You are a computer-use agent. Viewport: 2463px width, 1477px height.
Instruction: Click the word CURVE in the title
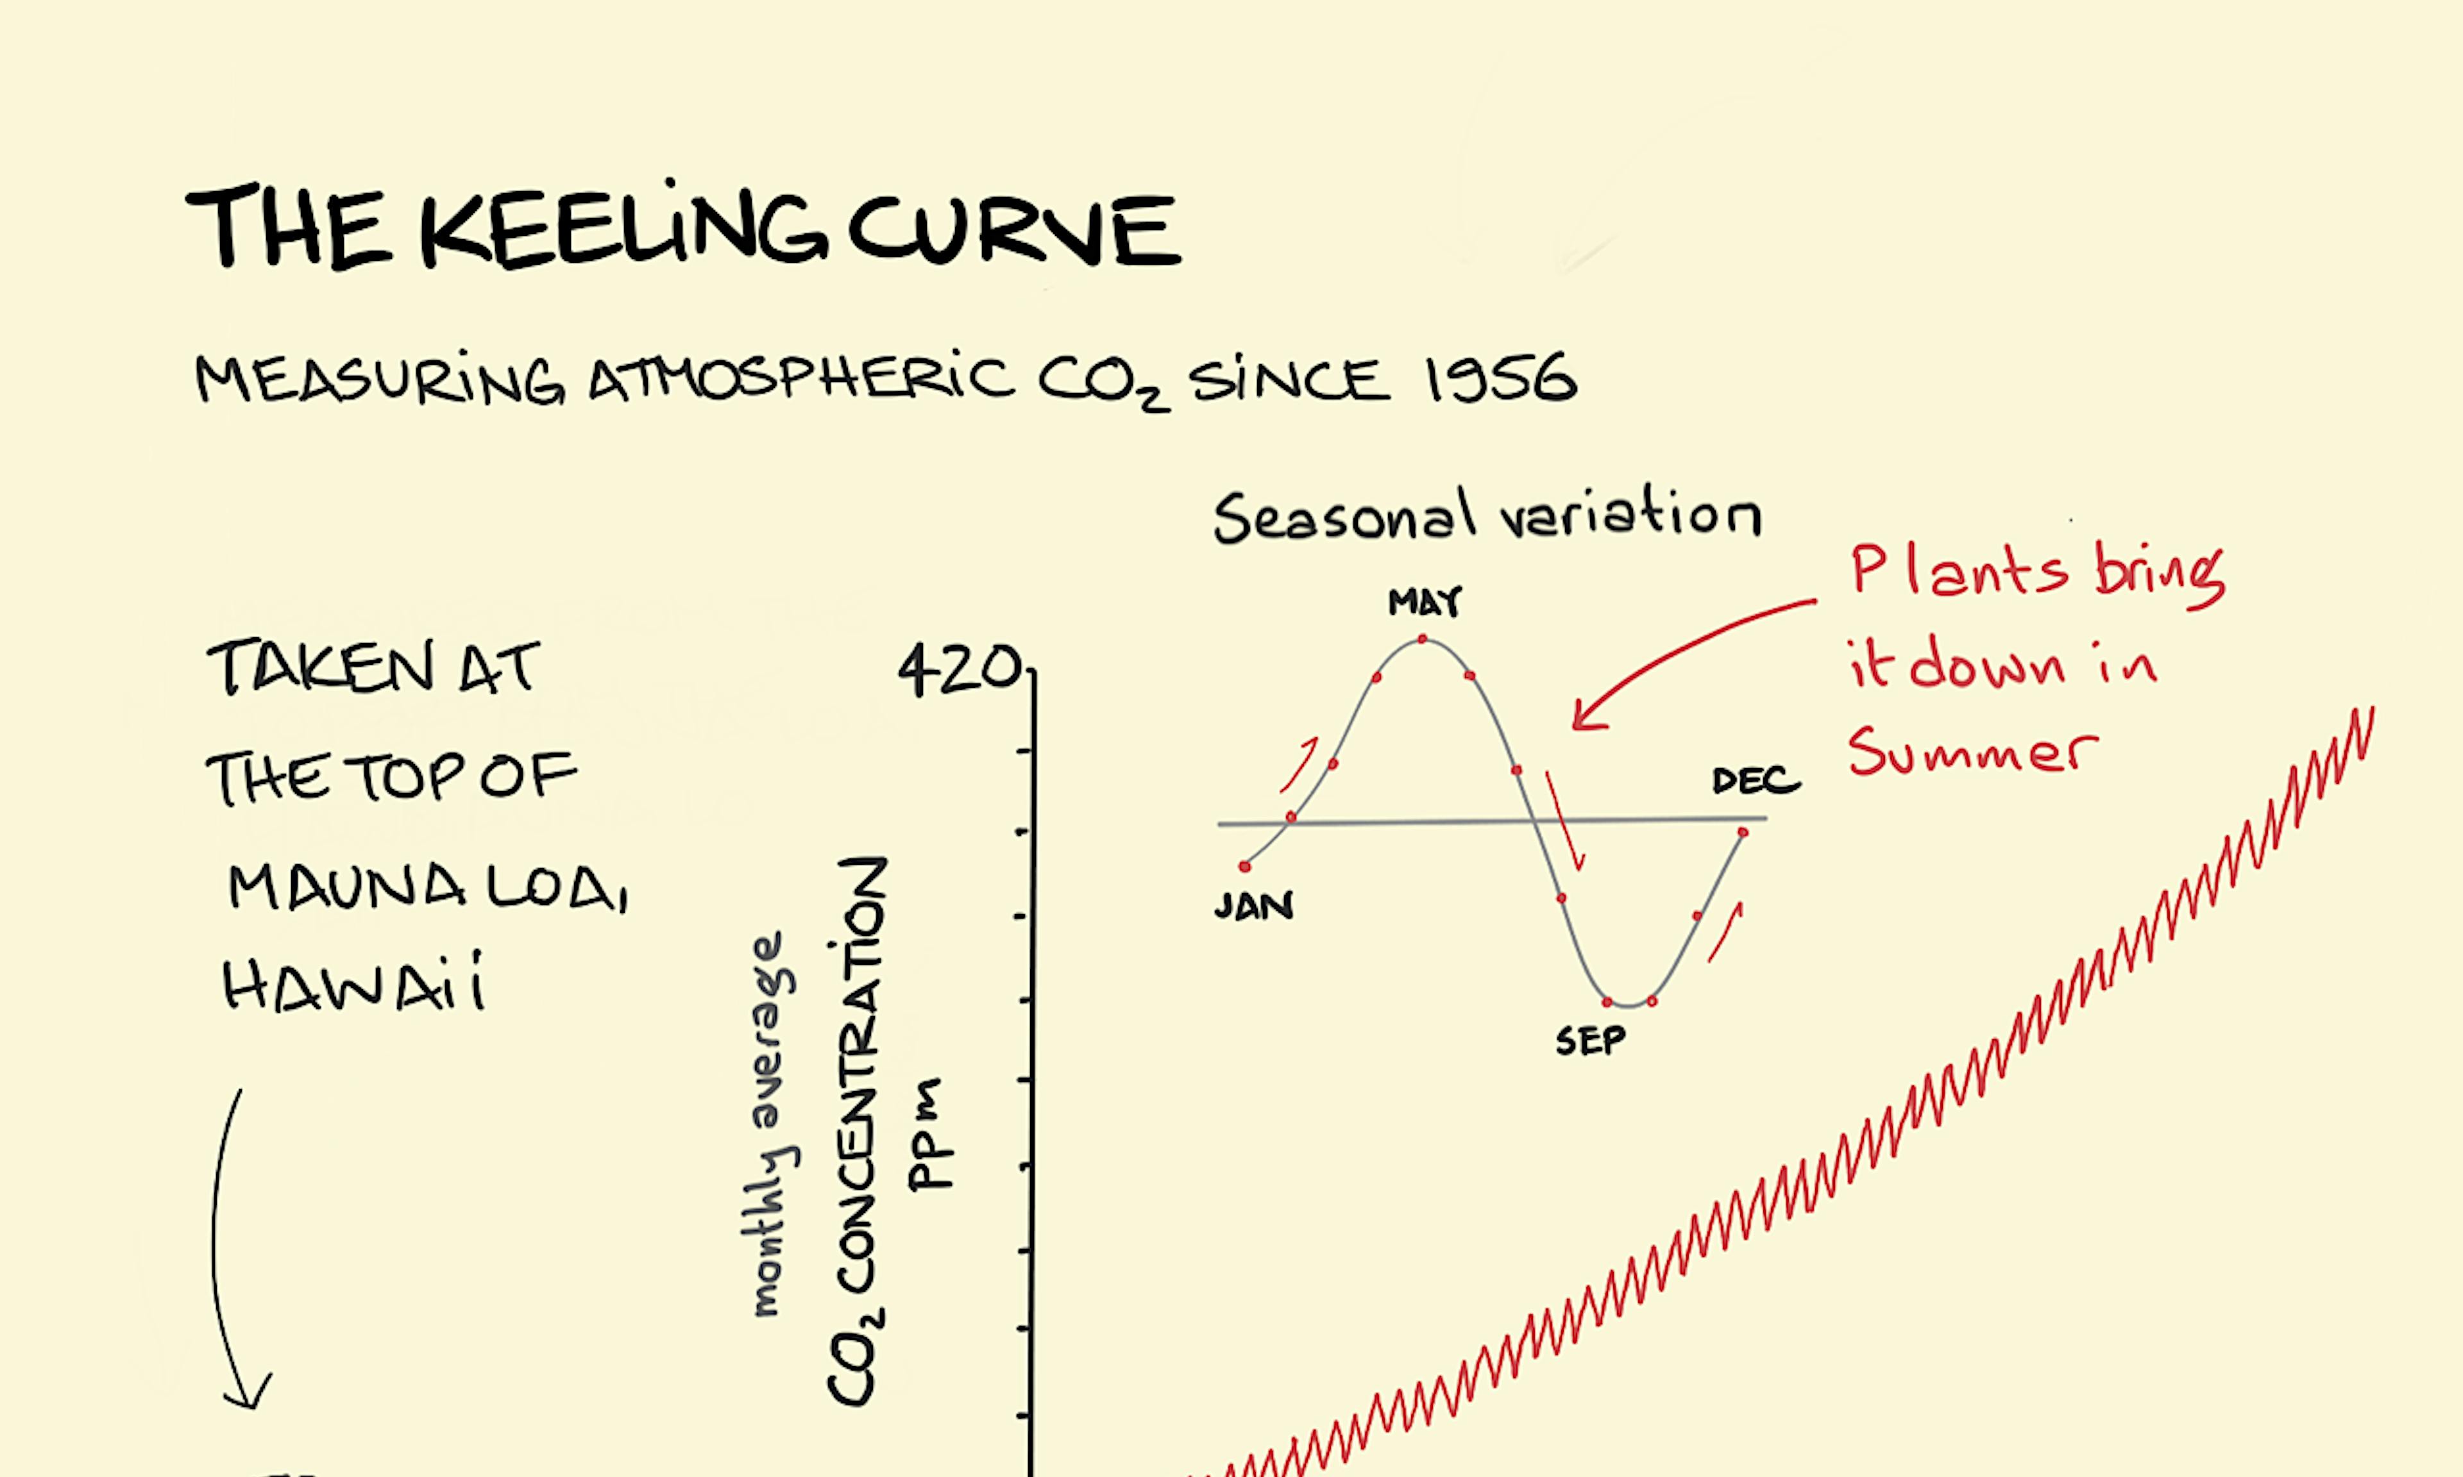coord(1013,229)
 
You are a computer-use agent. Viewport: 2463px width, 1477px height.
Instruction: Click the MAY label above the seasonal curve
coord(1425,601)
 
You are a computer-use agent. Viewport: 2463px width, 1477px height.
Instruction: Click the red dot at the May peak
coord(1423,638)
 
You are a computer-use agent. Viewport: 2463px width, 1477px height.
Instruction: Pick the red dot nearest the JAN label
coord(1244,867)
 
